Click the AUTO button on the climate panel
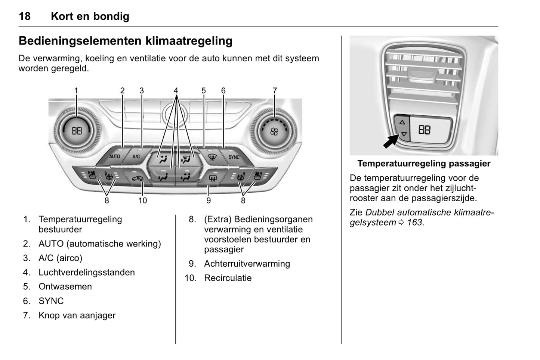coord(114,156)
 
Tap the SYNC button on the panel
coord(234,157)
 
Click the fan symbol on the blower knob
coord(274,131)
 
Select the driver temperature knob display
coord(77,131)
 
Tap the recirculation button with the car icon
coord(137,179)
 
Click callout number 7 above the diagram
coord(275,91)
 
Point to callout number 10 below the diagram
coord(143,201)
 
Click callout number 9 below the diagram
coord(209,201)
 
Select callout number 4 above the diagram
coord(176,91)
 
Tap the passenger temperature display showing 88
coord(425,130)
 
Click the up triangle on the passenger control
coord(402,122)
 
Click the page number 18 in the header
coord(25,16)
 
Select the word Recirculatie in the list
coord(228,278)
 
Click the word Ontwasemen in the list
coord(65,286)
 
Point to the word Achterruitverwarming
coord(247,264)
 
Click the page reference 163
coord(415,222)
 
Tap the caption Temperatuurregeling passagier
coord(424,163)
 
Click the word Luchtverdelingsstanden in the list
coord(86,272)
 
